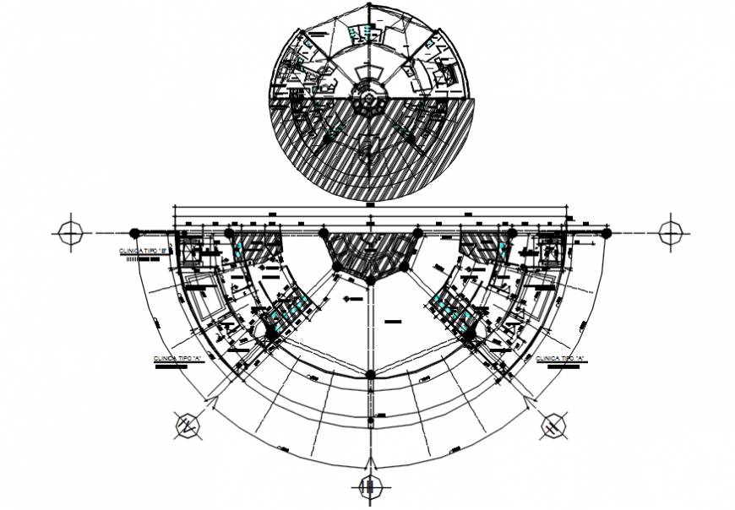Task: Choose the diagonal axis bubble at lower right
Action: (x=553, y=426)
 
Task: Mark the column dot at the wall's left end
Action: (x=133, y=232)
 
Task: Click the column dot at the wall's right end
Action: (x=607, y=232)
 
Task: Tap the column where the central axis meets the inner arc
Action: (x=369, y=374)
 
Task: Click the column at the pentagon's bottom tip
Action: (x=369, y=279)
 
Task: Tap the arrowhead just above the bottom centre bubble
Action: (x=368, y=462)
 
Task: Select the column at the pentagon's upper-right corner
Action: (x=416, y=232)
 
